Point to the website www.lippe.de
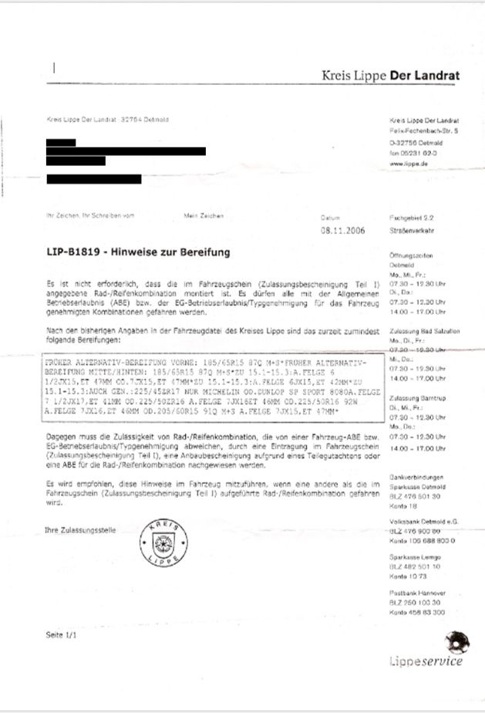406,164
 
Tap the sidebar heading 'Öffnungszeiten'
413,254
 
